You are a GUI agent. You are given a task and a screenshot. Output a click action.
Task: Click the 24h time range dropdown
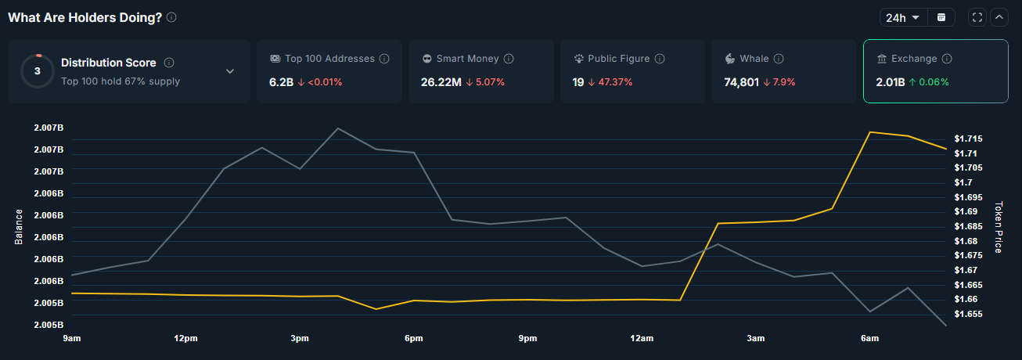[x=902, y=17]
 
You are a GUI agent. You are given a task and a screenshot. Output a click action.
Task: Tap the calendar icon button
[x=941, y=17]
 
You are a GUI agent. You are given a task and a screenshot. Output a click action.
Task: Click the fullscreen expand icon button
[x=977, y=17]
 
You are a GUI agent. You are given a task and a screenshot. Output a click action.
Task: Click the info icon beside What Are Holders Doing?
[x=171, y=17]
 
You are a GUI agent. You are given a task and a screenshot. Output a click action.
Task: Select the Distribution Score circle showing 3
[x=37, y=70]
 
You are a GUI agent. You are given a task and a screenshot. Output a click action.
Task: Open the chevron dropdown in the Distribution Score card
[x=230, y=71]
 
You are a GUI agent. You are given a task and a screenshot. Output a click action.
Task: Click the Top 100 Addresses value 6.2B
[x=279, y=81]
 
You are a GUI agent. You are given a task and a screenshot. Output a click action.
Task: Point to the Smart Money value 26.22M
[x=441, y=81]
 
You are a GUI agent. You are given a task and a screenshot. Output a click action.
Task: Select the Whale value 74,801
[x=742, y=81]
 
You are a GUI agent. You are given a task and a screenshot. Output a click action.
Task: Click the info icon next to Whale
[x=779, y=59]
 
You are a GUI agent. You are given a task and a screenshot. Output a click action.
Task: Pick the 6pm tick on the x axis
[x=413, y=338]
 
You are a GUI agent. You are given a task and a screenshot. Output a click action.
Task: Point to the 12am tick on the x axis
[x=642, y=338]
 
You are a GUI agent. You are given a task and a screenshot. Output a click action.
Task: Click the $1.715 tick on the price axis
[x=968, y=139]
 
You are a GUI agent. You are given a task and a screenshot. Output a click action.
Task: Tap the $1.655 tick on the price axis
[x=968, y=314]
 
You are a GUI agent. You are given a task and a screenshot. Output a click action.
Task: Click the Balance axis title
[x=19, y=227]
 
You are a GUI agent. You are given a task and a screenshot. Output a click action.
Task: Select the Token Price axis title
[x=998, y=227]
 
